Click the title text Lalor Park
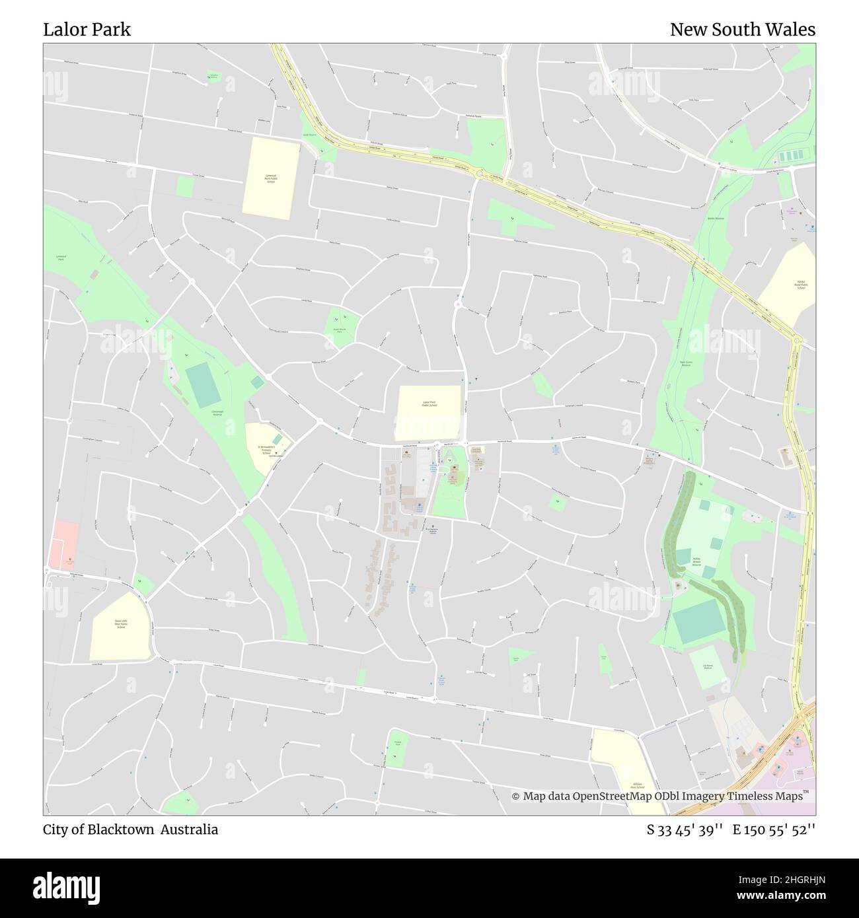click(87, 30)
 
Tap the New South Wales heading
click(742, 30)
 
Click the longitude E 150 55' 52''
click(776, 830)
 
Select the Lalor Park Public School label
click(429, 404)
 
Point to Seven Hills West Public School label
click(120, 624)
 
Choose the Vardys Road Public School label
click(801, 285)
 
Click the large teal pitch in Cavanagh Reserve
click(204, 386)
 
